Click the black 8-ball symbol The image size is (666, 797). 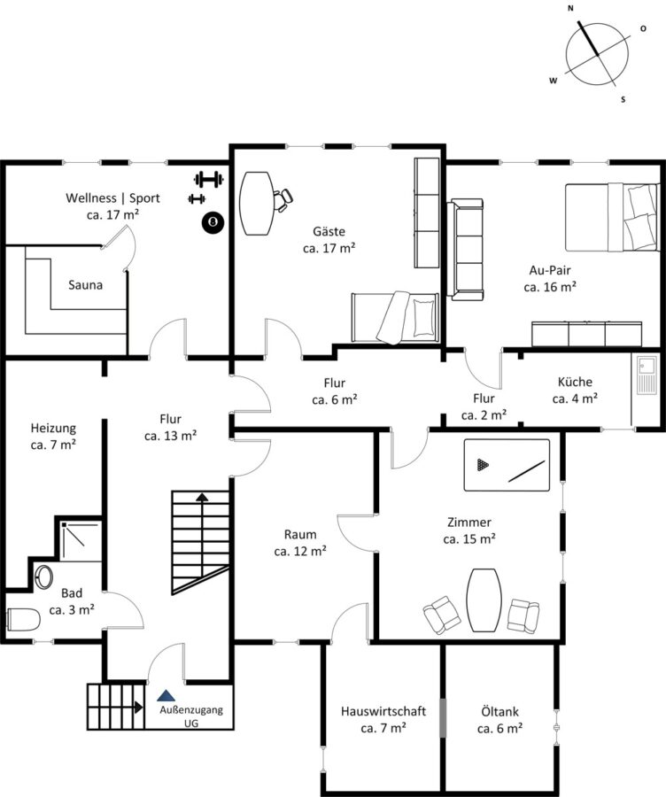(213, 222)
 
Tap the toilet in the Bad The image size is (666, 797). (23, 620)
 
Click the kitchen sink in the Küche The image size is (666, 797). (647, 375)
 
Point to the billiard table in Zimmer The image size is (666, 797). (507, 465)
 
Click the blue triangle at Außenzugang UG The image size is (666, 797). (166, 695)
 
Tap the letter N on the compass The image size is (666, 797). (570, 8)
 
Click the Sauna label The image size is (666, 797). (85, 285)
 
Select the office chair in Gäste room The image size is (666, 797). (283, 198)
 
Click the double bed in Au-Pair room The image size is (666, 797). (612, 218)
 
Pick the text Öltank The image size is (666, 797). (499, 712)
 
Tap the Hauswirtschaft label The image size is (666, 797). (383, 711)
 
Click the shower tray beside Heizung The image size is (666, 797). (81, 541)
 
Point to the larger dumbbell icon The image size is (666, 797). (208, 179)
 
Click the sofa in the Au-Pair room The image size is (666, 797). (466, 250)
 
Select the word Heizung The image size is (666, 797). (53, 429)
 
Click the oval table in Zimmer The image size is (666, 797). (484, 600)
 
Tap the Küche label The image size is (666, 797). (575, 382)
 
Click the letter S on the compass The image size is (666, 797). (623, 99)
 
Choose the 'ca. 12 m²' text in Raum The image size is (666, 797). (300, 551)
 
